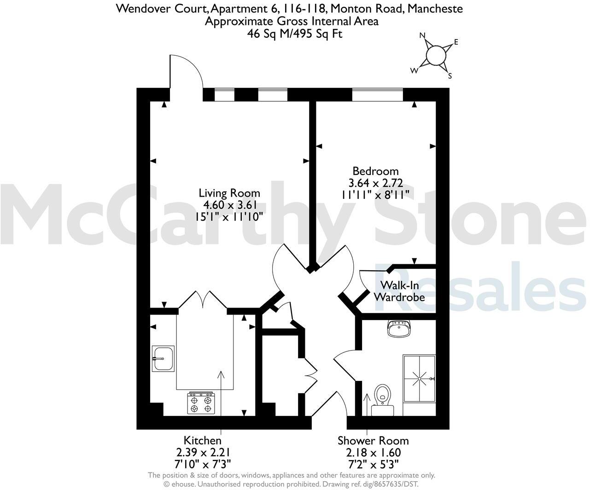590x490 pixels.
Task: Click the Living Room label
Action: (229, 193)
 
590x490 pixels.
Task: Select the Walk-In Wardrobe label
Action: (399, 291)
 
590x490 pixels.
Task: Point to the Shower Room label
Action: (373, 441)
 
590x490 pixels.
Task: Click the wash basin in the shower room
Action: (399, 329)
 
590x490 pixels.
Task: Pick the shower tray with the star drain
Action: (419, 379)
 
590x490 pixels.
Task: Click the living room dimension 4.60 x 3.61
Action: (229, 205)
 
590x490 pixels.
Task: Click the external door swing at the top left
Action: (187, 74)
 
